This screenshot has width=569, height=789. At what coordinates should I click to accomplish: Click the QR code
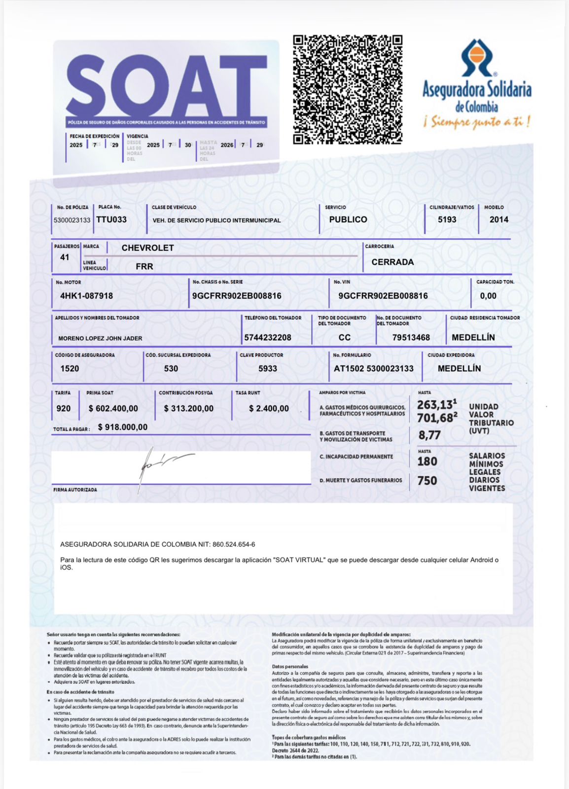(348, 89)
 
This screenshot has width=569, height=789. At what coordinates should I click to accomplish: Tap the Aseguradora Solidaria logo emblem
(477, 57)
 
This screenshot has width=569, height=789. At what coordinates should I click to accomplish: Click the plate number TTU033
(111, 219)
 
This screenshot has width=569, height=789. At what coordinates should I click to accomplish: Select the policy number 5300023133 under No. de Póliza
(72, 220)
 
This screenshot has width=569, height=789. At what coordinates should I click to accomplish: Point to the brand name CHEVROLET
(147, 248)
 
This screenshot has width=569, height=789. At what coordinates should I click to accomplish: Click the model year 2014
(498, 219)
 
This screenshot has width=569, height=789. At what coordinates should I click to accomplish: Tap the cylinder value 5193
(447, 219)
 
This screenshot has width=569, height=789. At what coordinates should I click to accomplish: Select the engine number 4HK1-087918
(86, 296)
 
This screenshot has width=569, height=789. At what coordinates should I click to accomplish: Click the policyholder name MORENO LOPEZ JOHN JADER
(100, 338)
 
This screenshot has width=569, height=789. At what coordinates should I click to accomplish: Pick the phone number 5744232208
(268, 338)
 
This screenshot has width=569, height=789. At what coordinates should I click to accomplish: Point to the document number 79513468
(411, 338)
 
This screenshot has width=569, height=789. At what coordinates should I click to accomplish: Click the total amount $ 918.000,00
(122, 427)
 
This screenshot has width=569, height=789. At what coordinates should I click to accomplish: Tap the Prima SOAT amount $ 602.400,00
(113, 408)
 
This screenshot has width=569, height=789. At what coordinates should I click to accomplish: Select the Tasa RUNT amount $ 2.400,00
(269, 408)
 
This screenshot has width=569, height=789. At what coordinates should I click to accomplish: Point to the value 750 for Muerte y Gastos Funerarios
(427, 481)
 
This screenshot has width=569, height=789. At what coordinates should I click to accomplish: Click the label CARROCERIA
(379, 246)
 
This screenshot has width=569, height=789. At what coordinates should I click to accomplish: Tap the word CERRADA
(392, 262)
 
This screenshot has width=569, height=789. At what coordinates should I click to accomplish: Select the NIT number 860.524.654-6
(234, 544)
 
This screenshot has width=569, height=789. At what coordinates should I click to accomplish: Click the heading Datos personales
(290, 666)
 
